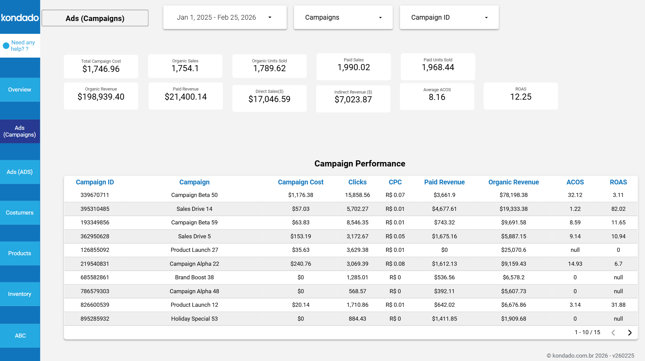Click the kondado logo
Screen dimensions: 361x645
tap(20, 17)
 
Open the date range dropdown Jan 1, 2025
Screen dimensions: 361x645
tap(224, 17)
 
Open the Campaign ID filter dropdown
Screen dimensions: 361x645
tap(449, 17)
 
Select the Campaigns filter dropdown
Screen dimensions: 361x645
tap(343, 17)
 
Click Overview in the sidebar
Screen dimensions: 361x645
tap(20, 89)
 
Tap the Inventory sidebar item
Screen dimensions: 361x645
tap(20, 294)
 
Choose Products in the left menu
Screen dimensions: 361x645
tap(20, 253)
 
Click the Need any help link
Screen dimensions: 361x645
tap(22, 46)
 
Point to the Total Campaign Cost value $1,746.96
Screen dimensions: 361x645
tap(101, 69)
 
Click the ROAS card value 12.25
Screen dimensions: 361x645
tap(521, 97)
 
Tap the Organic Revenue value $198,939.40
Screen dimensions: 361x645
tap(101, 97)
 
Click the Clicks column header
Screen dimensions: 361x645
tap(357, 182)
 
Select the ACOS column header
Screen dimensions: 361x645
tap(575, 182)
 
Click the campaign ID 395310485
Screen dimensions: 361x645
tap(95, 209)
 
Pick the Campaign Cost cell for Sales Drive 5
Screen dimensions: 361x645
tap(300, 236)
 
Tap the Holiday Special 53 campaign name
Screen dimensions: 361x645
tap(194, 319)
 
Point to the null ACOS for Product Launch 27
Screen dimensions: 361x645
tap(575, 250)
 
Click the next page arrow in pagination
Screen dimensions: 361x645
tap(629, 333)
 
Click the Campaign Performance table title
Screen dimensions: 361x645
tap(359, 164)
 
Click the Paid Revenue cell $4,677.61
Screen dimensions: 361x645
tap(444, 209)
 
